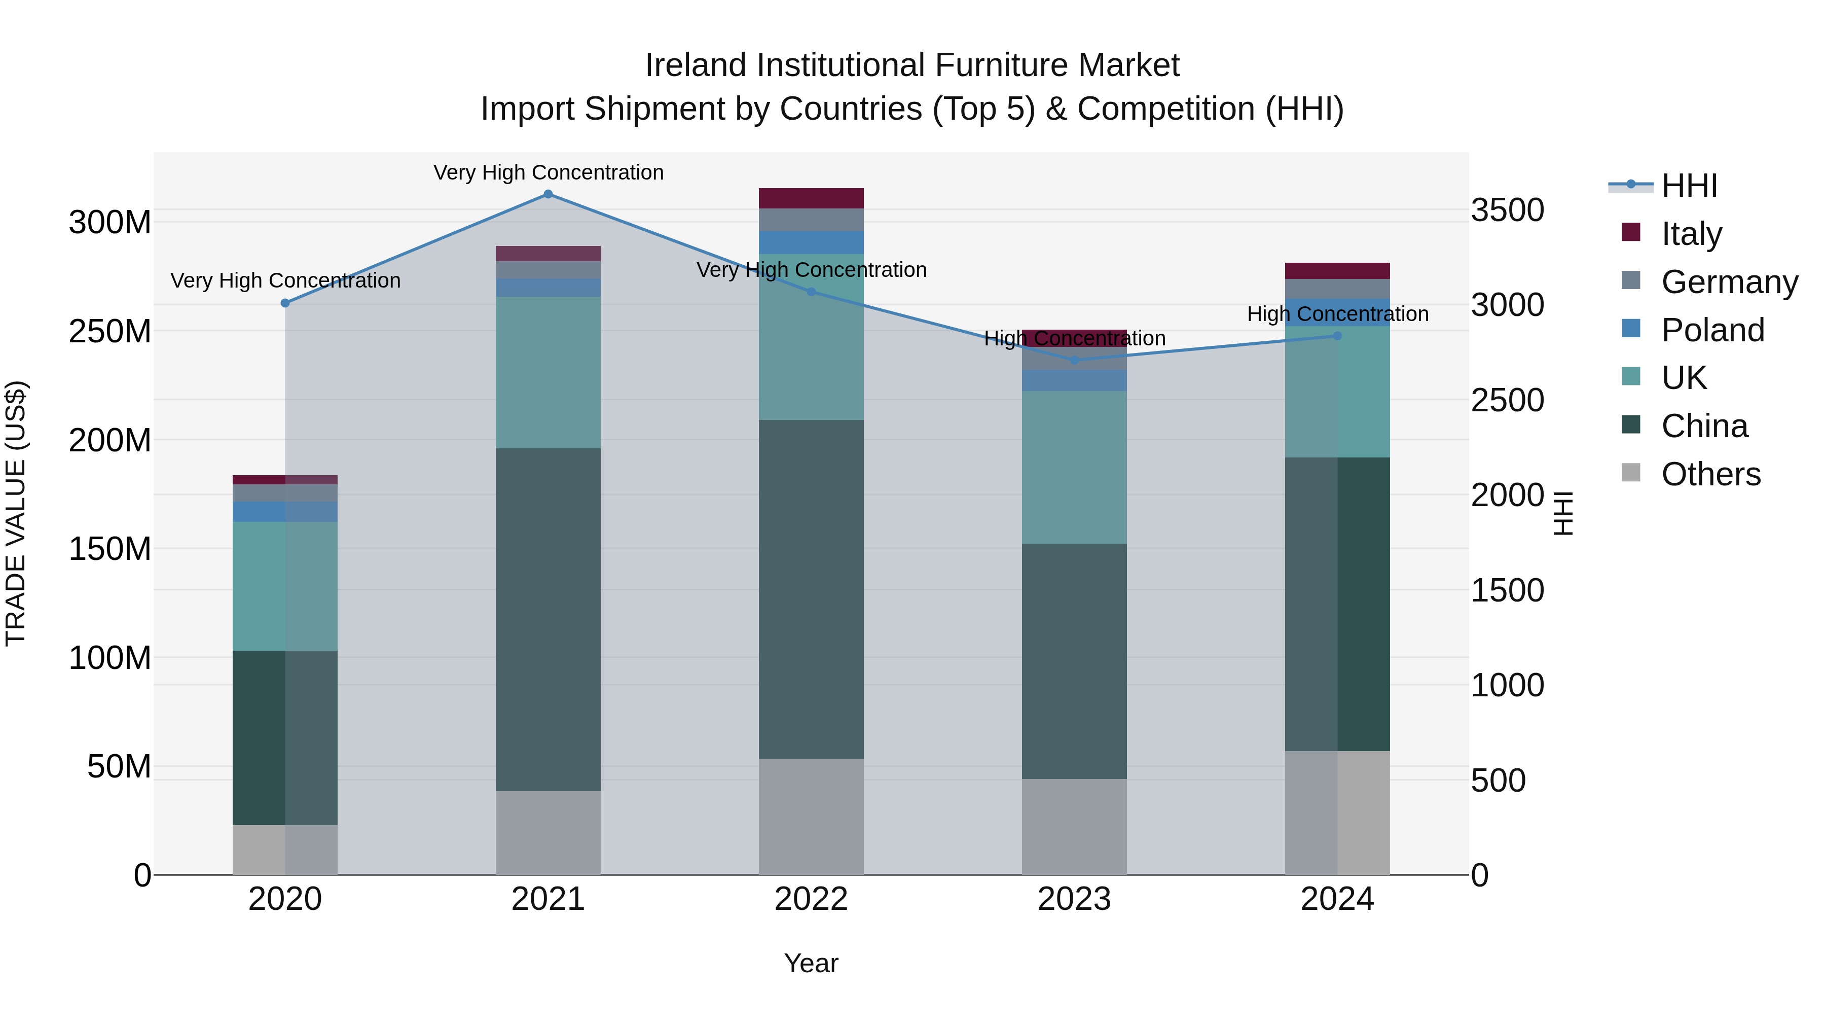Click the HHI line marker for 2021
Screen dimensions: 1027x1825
click(547, 194)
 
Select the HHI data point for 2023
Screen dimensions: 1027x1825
click(1074, 360)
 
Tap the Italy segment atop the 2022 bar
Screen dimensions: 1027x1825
click(811, 198)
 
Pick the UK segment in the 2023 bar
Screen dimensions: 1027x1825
click(1074, 467)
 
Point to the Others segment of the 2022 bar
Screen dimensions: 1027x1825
click(811, 817)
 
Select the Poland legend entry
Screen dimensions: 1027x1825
click(1712, 330)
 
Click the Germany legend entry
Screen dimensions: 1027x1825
click(1729, 282)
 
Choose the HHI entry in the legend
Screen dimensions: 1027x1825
click(1689, 186)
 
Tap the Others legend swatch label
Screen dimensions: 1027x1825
click(1710, 474)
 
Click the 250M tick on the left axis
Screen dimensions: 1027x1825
click(110, 332)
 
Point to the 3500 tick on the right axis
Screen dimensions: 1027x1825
click(1507, 210)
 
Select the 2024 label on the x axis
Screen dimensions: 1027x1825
click(1337, 899)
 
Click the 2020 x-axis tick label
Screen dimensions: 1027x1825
click(285, 899)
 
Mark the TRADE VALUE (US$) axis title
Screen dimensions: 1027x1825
click(16, 513)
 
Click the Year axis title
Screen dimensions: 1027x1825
click(811, 963)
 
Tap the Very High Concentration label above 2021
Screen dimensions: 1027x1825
click(549, 172)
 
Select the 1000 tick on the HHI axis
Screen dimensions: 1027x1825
click(1507, 685)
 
